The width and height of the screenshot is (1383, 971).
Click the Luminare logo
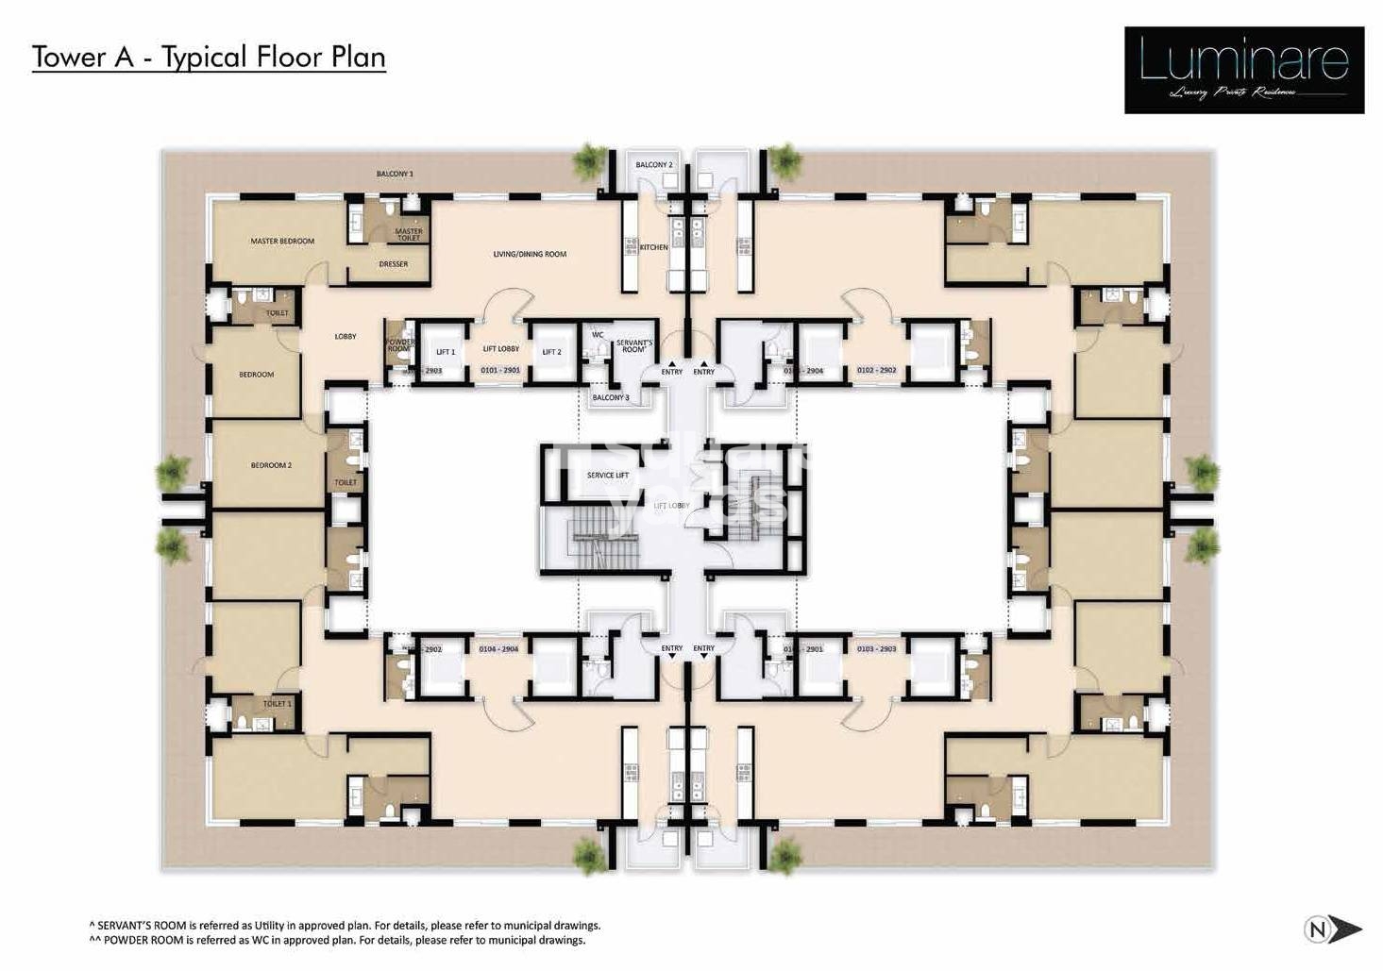(x=1243, y=70)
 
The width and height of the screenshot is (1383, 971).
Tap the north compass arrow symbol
(x=1333, y=929)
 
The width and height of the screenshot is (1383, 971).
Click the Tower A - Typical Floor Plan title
(x=209, y=57)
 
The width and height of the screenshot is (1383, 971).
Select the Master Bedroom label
(x=282, y=242)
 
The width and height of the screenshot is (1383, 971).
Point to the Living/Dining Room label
(x=530, y=254)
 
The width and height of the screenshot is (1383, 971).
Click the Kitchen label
(x=653, y=247)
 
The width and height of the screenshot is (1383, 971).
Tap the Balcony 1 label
(x=395, y=174)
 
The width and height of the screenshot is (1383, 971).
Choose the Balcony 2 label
(x=653, y=165)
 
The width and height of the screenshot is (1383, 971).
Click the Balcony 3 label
(x=610, y=397)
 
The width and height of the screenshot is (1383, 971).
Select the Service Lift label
(x=607, y=476)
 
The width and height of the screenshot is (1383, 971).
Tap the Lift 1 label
(x=445, y=352)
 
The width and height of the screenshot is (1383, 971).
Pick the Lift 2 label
(x=551, y=352)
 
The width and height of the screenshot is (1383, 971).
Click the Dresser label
(x=394, y=264)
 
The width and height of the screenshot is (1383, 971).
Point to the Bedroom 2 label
(x=271, y=465)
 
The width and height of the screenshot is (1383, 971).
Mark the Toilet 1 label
(x=277, y=704)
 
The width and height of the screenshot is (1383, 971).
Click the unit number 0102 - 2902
(x=876, y=371)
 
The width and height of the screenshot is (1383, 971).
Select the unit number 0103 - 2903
(x=876, y=649)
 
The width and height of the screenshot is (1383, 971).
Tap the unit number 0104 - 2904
(x=499, y=649)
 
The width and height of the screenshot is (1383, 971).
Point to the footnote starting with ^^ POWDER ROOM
(x=337, y=940)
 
